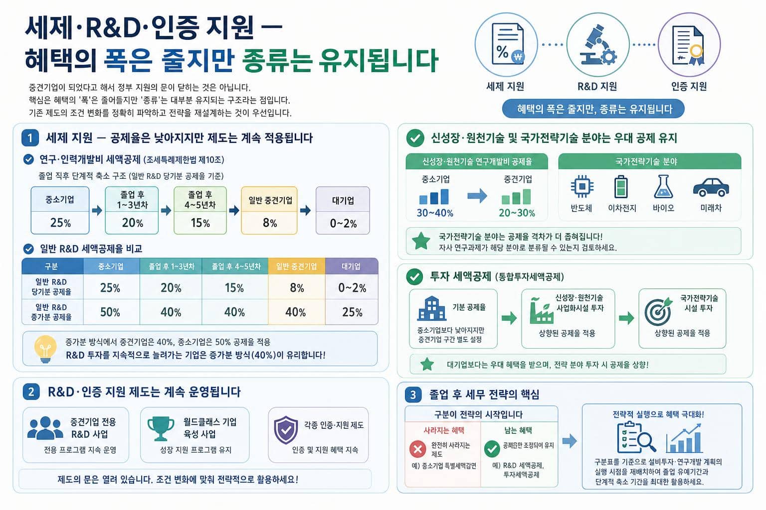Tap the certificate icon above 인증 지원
pyautogui.click(x=688, y=45)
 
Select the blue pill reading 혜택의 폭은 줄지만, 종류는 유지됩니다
pyautogui.click(x=593, y=109)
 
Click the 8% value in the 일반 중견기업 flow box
pyautogui.click(x=269, y=223)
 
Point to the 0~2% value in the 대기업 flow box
pyautogui.click(x=343, y=224)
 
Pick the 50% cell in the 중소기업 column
pyautogui.click(x=110, y=312)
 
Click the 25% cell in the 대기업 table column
pyautogui.click(x=352, y=312)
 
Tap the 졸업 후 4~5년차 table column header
pyautogui.click(x=236, y=266)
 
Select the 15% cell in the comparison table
pyautogui.click(x=234, y=288)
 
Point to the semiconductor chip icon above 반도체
pyautogui.click(x=582, y=186)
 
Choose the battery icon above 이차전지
pyautogui.click(x=621, y=186)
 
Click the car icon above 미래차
pyautogui.click(x=711, y=187)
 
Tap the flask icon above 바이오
pyautogui.click(x=663, y=186)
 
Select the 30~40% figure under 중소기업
pyautogui.click(x=435, y=213)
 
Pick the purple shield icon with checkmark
pyautogui.click(x=286, y=430)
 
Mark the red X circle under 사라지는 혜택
pyautogui.click(x=417, y=449)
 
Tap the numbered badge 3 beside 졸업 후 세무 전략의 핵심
pyautogui.click(x=413, y=394)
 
